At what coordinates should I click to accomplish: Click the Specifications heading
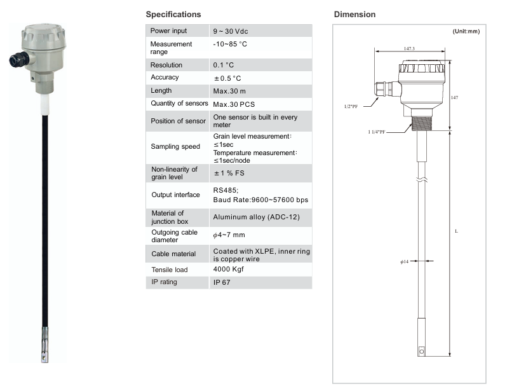[173, 14]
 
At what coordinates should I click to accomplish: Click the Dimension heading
[354, 14]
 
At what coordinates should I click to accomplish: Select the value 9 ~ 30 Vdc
[231, 31]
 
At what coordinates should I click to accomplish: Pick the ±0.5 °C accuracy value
[227, 78]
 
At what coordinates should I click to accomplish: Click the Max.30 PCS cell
[234, 104]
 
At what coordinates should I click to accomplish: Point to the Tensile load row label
[170, 270]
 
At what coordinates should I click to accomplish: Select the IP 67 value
[222, 282]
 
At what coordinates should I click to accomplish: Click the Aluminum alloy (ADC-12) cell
[256, 217]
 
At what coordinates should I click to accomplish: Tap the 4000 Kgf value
[228, 269]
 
